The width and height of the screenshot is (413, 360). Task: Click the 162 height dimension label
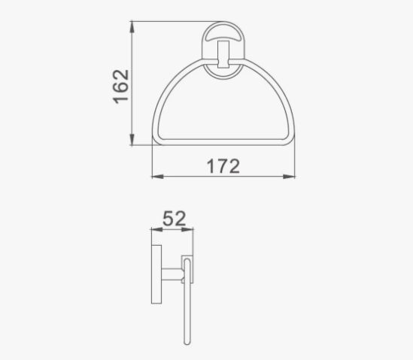pos(121,86)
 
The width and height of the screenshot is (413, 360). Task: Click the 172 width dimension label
pos(223,166)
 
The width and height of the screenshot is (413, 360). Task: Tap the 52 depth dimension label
pos(174,219)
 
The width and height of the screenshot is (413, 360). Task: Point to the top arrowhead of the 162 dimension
pos(132,27)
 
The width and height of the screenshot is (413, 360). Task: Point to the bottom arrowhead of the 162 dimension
pos(132,140)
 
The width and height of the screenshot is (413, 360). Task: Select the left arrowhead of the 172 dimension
pos(158,177)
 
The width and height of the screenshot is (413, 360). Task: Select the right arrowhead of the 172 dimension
pos(289,177)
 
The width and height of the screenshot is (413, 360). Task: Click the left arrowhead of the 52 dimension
pos(157,229)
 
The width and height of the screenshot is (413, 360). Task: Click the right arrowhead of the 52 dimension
pos(187,229)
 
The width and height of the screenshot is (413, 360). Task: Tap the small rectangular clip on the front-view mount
pos(223,54)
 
